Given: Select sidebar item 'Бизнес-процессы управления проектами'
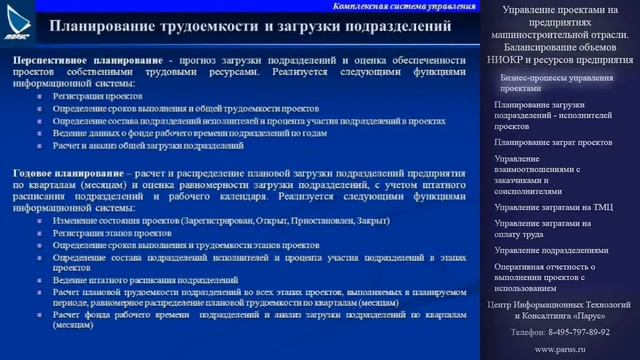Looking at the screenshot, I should (x=556, y=82).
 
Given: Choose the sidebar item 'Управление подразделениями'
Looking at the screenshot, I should (x=553, y=250).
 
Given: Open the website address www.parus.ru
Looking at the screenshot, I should (x=560, y=349).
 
